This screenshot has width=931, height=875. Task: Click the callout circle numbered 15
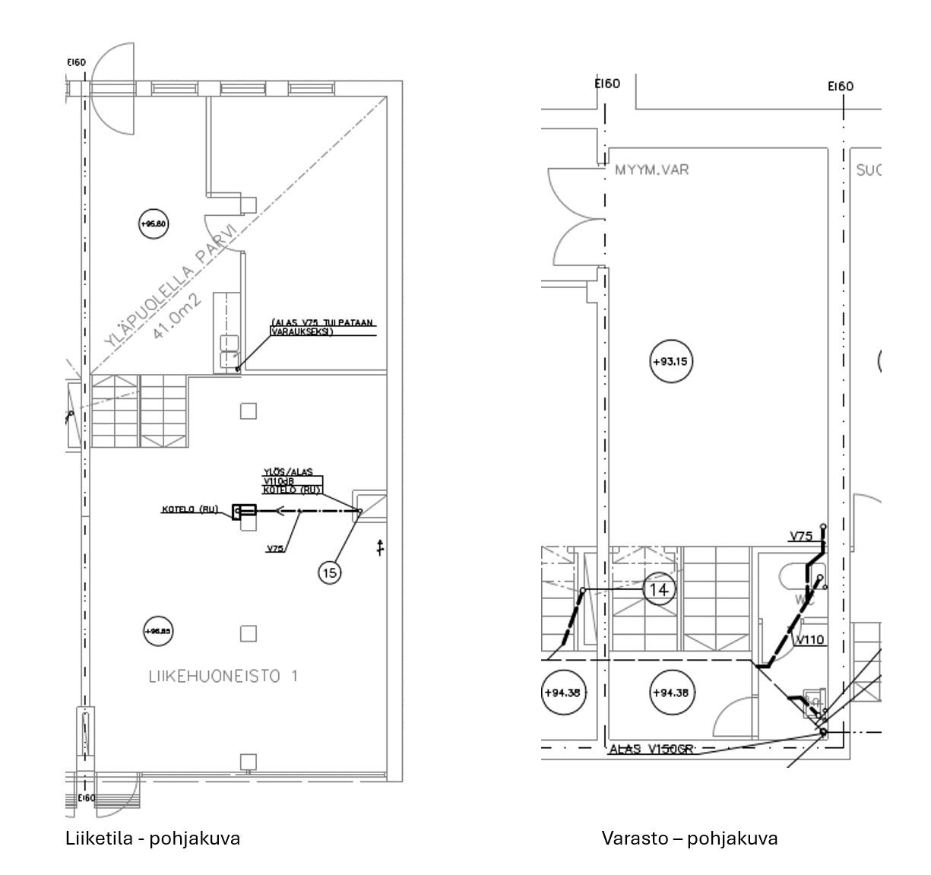click(x=330, y=572)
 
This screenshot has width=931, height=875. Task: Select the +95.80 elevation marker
click(x=154, y=224)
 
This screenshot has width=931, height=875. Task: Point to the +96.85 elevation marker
click(x=158, y=630)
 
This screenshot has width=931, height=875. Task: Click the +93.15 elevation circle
click(x=671, y=362)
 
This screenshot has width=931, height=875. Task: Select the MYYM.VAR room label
click(x=651, y=170)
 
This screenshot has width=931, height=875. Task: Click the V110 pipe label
click(x=810, y=640)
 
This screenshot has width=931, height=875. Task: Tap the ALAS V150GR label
click(x=652, y=750)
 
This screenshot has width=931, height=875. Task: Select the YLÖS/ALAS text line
click(x=287, y=472)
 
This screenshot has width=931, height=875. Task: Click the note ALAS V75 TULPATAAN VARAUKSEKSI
click(x=322, y=328)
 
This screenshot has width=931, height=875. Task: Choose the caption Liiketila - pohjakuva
click(x=153, y=839)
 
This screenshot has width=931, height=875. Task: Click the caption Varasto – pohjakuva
click(x=689, y=839)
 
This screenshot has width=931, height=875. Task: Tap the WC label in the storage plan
click(x=806, y=601)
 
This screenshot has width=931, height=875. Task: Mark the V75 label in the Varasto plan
click(x=801, y=536)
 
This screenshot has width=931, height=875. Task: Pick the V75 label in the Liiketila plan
click(x=275, y=547)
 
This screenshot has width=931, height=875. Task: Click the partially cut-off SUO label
click(x=869, y=170)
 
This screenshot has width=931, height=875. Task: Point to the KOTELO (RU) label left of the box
click(x=185, y=509)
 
